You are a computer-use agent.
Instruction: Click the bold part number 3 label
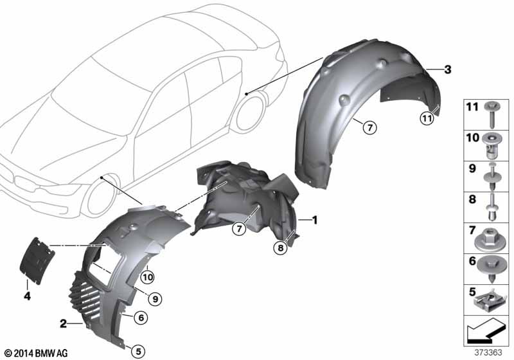(447, 69)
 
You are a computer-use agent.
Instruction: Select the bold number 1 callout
(315, 220)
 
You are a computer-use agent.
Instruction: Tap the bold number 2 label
(63, 324)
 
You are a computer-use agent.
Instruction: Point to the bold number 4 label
(27, 296)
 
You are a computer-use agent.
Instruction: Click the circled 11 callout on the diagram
(427, 118)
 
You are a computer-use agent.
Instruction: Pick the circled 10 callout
(148, 278)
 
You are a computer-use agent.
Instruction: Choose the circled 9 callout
(155, 299)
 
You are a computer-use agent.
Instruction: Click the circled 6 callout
(141, 318)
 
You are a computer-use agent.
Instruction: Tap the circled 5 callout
(138, 352)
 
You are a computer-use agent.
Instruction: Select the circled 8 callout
(280, 248)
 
